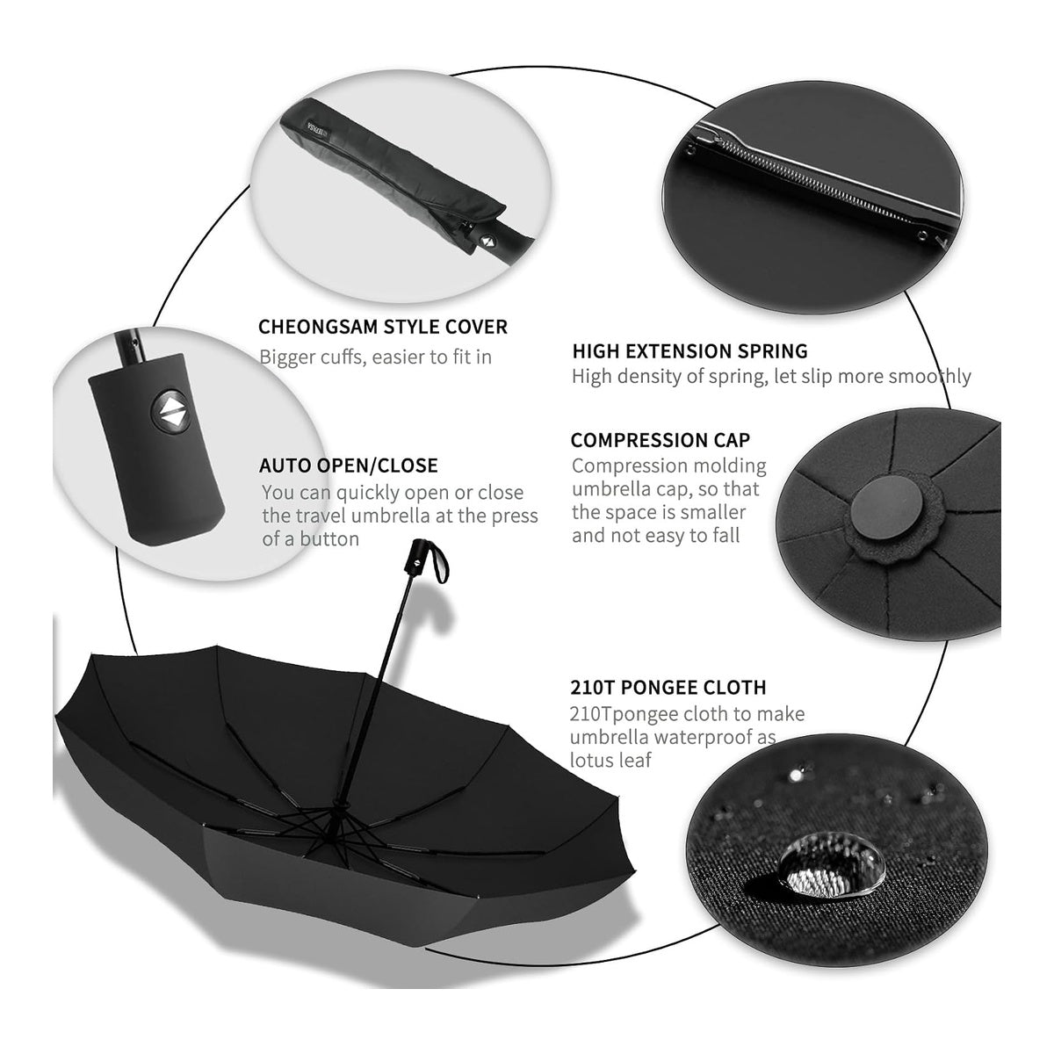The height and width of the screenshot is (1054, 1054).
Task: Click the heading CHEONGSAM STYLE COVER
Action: [x=383, y=327]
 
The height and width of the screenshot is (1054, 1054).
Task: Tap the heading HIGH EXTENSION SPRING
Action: [x=689, y=351]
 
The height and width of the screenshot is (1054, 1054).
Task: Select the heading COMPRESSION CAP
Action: [x=661, y=440]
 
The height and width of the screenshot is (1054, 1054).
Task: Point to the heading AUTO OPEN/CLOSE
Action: [x=349, y=466]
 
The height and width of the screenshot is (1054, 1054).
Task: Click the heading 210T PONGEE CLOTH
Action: [x=668, y=687]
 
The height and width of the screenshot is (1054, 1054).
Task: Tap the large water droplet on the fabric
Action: [x=832, y=865]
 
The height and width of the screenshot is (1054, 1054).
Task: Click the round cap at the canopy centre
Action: [x=885, y=508]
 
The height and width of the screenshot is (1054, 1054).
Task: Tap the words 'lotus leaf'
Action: [x=610, y=761]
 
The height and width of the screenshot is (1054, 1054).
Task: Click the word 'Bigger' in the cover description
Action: [x=287, y=357]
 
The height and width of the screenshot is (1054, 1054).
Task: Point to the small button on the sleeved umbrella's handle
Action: [x=486, y=240]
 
